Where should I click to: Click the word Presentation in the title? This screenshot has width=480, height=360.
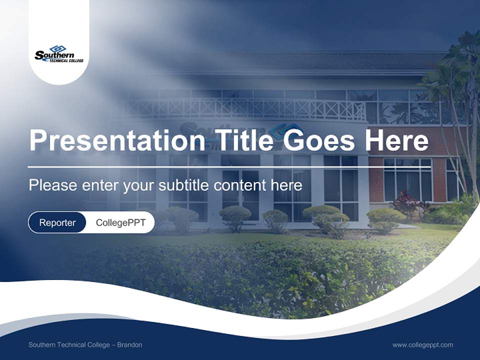116,140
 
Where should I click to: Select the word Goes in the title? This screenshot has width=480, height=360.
321,140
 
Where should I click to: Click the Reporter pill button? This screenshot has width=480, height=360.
57,222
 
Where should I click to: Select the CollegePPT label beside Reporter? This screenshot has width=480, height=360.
120,222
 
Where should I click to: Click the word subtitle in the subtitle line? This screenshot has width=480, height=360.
184,185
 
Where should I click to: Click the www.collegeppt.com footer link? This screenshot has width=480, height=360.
422,344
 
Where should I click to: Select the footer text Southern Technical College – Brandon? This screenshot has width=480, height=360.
85,344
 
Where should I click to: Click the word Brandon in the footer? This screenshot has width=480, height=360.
129,344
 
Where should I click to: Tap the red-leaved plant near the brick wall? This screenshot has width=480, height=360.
406,202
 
